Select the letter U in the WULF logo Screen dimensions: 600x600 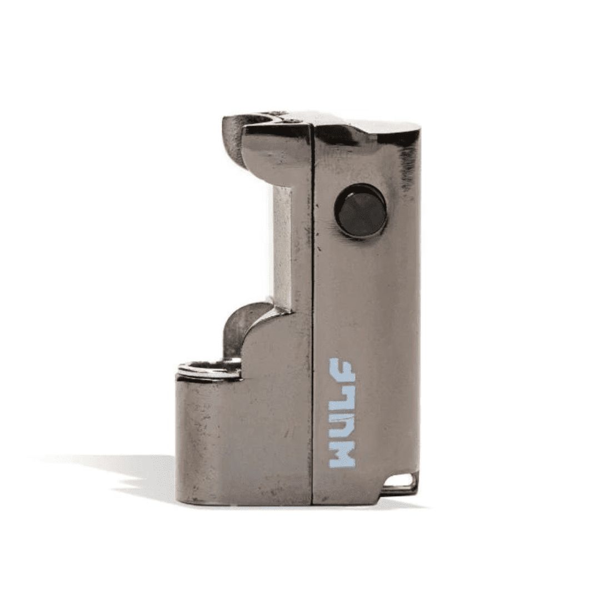(x=342, y=426)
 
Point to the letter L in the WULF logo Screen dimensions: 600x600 (x=342, y=399)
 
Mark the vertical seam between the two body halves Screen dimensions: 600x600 (x=313, y=333)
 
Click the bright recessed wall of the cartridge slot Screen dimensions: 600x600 (x=282, y=244)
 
